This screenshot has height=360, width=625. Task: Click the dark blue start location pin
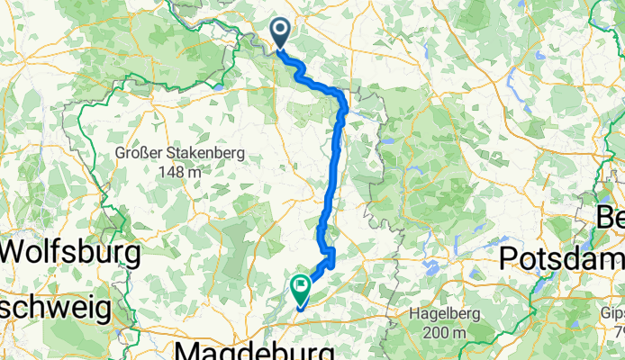pyautogui.click(x=281, y=34)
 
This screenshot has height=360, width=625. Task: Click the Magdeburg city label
pyautogui.click(x=257, y=349)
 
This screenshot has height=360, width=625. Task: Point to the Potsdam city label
pyautogui.click(x=561, y=257)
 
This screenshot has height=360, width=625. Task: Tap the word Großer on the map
pyautogui.click(x=137, y=154)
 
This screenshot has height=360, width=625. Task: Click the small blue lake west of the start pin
pyautogui.click(x=220, y=87)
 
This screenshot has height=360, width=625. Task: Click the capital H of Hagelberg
pyautogui.click(x=415, y=314)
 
